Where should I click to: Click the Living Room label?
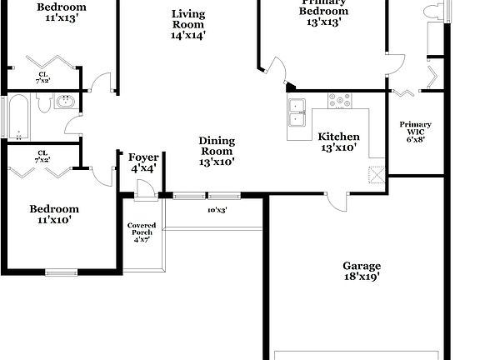pyautogui.click(x=188, y=24)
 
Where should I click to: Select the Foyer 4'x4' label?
pyautogui.click(x=143, y=163)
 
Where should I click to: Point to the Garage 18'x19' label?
pyautogui.click(x=362, y=272)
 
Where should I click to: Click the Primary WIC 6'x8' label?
pyautogui.click(x=415, y=132)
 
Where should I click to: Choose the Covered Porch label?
pyautogui.click(x=141, y=232)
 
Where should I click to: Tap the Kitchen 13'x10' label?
pyautogui.click(x=339, y=142)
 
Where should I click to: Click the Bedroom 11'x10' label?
pyautogui.click(x=54, y=215)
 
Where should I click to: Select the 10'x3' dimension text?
pyautogui.click(x=218, y=210)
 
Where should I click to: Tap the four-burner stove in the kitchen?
pyautogui.click(x=340, y=101)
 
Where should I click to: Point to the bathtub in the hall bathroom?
pyautogui.click(x=16, y=117)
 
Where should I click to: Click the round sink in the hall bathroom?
pyautogui.click(x=67, y=102)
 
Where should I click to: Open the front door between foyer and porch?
pyautogui.click(x=145, y=192)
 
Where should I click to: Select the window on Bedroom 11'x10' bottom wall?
pyautogui.click(x=61, y=271)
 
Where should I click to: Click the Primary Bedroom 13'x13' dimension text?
pyautogui.click(x=323, y=22)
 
